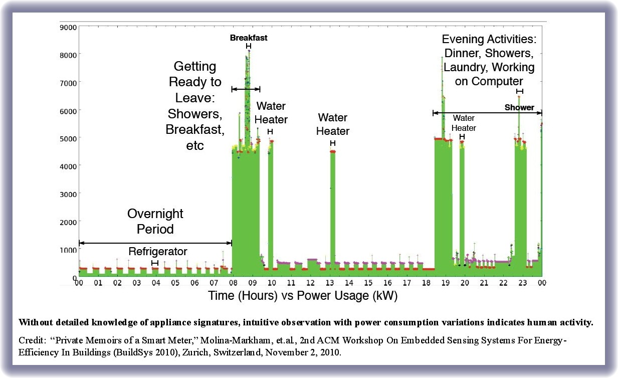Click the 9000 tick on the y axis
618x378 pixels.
click(x=69, y=27)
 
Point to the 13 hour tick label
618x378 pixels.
click(x=330, y=283)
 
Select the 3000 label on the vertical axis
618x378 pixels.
click(x=69, y=194)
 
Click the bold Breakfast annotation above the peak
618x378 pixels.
click(x=249, y=38)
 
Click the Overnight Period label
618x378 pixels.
click(x=155, y=221)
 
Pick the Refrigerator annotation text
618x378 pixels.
click(x=158, y=252)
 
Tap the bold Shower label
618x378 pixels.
click(x=519, y=107)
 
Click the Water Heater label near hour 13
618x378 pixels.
click(x=333, y=124)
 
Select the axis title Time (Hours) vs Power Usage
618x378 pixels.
click(x=303, y=296)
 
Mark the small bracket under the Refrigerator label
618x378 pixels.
click(x=155, y=263)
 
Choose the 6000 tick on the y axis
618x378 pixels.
click(x=69, y=110)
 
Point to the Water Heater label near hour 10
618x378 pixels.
click(x=272, y=113)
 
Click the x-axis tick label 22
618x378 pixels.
click(x=503, y=283)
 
